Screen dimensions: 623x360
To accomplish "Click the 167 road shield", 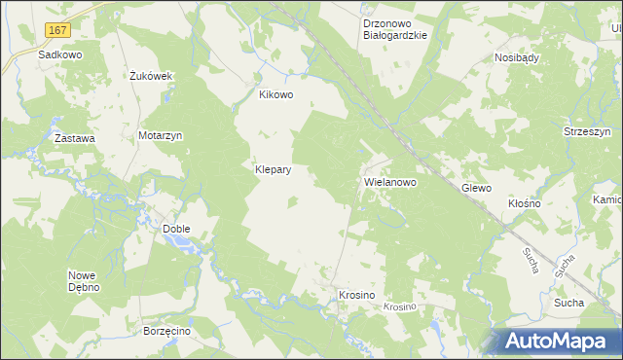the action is click(57, 32).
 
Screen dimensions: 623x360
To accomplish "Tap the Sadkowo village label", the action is click(59, 55).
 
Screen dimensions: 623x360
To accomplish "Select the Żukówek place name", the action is click(151, 75).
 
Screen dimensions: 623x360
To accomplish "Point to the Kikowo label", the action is click(275, 95).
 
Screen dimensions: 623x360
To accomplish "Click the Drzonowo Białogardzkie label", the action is click(394, 28).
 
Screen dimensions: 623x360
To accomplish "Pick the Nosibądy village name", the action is click(517, 57).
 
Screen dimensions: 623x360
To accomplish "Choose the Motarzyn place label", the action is click(161, 136).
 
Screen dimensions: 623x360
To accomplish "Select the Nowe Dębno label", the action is click(86, 280).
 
